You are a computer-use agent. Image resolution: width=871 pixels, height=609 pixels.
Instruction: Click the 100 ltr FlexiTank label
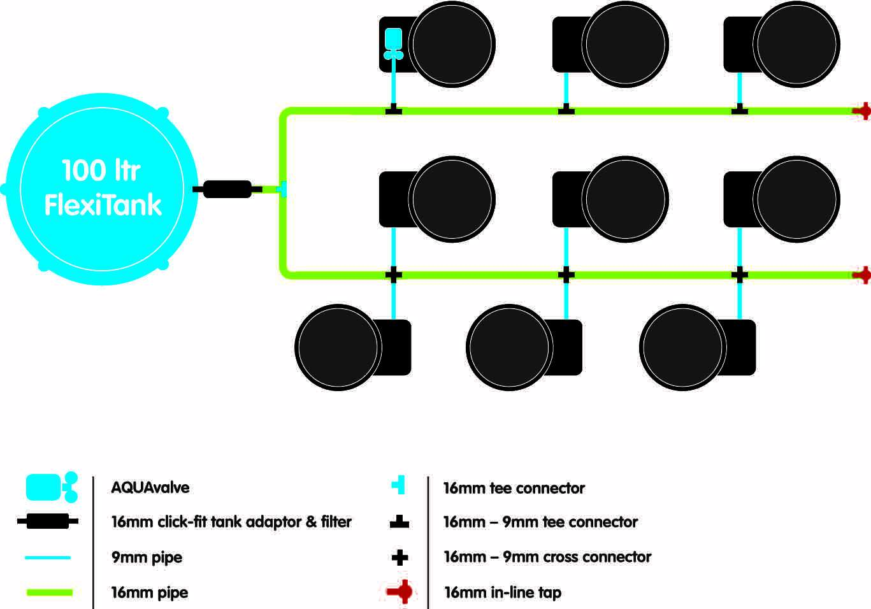tap(103, 187)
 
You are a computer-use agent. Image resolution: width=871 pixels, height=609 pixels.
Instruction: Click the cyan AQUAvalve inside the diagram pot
tap(394, 43)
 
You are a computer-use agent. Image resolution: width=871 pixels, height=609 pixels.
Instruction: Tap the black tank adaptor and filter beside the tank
tap(227, 189)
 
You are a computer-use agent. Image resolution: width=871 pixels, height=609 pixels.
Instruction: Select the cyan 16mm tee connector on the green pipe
tap(283, 189)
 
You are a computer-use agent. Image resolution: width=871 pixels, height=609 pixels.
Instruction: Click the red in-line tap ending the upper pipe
tap(863, 111)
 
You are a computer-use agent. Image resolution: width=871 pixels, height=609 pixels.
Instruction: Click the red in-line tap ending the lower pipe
tap(863, 275)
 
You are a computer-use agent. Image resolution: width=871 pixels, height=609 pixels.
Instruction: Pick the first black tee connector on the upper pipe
tap(394, 109)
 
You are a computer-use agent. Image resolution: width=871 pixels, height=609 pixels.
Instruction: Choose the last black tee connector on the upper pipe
tap(740, 109)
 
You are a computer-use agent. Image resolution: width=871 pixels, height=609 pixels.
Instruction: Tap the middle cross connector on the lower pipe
tap(566, 275)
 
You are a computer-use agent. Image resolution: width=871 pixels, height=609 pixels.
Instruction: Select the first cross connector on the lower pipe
tap(394, 275)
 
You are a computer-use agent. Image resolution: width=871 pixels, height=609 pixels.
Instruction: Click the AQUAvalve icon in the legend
tap(52, 487)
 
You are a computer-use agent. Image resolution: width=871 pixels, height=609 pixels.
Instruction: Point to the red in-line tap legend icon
tap(400, 592)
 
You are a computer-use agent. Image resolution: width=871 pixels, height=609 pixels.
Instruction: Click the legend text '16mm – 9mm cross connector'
tap(547, 557)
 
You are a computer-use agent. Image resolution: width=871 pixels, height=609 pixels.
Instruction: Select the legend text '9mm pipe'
tap(147, 557)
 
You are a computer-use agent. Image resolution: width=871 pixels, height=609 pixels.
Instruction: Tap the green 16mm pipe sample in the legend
tap(50, 592)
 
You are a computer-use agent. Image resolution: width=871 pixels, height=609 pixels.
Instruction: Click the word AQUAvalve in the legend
tap(150, 487)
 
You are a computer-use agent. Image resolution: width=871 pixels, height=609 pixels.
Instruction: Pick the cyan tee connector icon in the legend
tap(399, 485)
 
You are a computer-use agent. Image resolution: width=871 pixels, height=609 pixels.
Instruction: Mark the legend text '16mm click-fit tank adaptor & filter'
tap(232, 522)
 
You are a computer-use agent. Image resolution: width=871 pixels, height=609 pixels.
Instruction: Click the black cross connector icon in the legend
tap(400, 557)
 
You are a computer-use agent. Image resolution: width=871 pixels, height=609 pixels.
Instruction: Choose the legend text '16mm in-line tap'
tap(503, 592)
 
